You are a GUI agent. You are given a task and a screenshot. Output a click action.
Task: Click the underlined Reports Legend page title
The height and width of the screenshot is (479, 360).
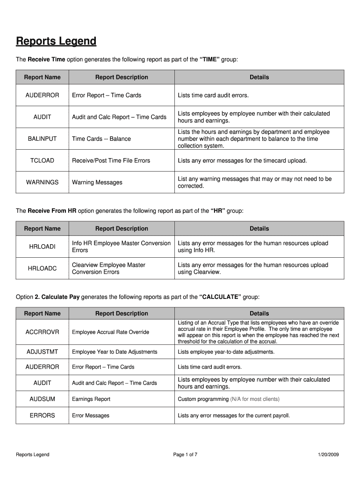pyautogui.click(x=56, y=42)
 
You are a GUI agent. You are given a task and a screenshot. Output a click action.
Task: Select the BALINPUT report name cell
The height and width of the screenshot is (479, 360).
pyautogui.click(x=42, y=139)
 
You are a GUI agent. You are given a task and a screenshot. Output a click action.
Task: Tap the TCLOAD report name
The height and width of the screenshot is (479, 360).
pyautogui.click(x=42, y=160)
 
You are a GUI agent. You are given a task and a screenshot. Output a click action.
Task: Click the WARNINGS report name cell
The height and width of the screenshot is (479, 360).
pyautogui.click(x=42, y=182)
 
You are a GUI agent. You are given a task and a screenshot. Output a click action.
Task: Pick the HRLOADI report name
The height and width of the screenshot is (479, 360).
pyautogui.click(x=42, y=247)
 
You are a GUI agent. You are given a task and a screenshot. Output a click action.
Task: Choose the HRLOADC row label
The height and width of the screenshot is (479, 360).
pyautogui.click(x=42, y=269)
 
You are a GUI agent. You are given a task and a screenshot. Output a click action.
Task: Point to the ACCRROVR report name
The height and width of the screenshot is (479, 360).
pyautogui.click(x=42, y=332)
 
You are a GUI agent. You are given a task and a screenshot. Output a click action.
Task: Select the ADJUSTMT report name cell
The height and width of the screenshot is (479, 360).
pyautogui.click(x=42, y=352)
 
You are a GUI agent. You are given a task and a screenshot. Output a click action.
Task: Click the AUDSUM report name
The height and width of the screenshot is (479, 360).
pyautogui.click(x=42, y=399)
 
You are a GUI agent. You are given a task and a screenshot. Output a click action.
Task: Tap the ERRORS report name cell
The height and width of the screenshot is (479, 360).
pyautogui.click(x=42, y=415)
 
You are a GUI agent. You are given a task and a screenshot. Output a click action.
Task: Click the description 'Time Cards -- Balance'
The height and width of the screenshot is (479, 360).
pyautogui.click(x=101, y=139)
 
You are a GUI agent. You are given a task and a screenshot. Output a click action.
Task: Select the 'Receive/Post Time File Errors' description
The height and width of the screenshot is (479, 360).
pyautogui.click(x=111, y=160)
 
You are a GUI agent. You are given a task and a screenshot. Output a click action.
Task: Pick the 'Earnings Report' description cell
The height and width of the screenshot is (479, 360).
pyautogui.click(x=91, y=399)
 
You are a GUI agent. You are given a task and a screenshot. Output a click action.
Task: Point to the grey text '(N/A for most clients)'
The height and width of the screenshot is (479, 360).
pyautogui.click(x=255, y=399)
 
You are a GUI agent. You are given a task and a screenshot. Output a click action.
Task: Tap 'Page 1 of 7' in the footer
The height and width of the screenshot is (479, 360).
pyautogui.click(x=185, y=455)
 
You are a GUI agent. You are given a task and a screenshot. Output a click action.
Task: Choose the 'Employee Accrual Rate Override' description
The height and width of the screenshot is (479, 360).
pyautogui.click(x=110, y=332)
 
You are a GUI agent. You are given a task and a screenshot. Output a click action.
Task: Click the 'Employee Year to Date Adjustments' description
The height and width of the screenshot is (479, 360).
pyautogui.click(x=115, y=352)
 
